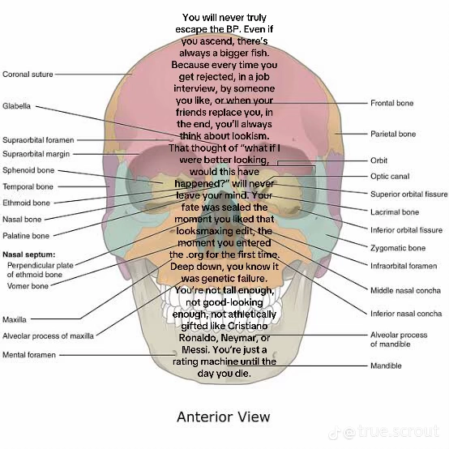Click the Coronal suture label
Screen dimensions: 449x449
pyautogui.click(x=28, y=75)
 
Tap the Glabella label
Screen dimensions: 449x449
pyautogui.click(x=16, y=106)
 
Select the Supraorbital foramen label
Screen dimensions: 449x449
pyautogui.click(x=38, y=140)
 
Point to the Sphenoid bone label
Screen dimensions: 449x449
pyautogui.click(x=28, y=170)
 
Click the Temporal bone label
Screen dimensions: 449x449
pyautogui.click(x=28, y=186)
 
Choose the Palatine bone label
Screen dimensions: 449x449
pyautogui.click(x=26, y=236)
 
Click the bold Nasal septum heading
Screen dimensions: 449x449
pyautogui.click(x=28, y=254)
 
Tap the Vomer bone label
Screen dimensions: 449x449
pyautogui.click(x=28, y=286)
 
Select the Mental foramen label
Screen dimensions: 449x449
pyautogui.click(x=29, y=355)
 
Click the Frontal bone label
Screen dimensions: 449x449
pyautogui.click(x=391, y=103)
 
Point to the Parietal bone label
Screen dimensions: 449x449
pyautogui.click(x=393, y=134)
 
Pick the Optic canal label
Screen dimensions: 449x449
pyautogui.click(x=390, y=177)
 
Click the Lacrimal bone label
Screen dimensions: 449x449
pyautogui.click(x=395, y=212)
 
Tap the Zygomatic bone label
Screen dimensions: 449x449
pyautogui.click(x=398, y=248)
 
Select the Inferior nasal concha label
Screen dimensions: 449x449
pyautogui.click(x=406, y=314)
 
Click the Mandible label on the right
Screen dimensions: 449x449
pyautogui.click(x=386, y=366)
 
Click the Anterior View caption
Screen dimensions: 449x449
pyautogui.click(x=224, y=417)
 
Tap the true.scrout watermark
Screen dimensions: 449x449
pyautogui.click(x=384, y=432)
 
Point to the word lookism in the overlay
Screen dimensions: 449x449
pyautogui.click(x=250, y=136)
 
